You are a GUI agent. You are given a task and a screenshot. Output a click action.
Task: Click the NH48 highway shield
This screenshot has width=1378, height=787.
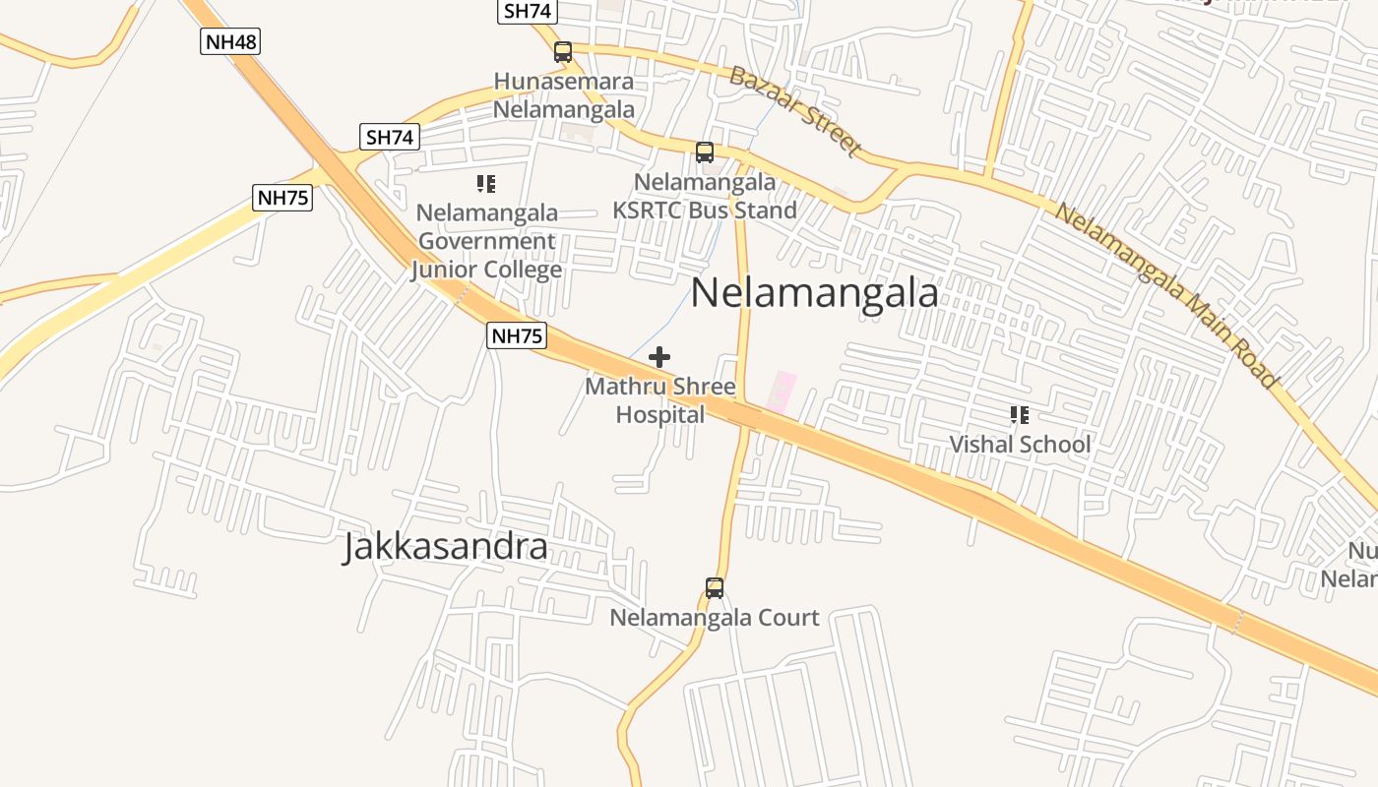tap(230, 41)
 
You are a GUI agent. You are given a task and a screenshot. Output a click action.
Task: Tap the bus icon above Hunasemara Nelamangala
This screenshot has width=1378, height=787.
tap(563, 52)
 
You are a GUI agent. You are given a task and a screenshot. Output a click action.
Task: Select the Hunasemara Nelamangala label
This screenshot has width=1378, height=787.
tap(563, 95)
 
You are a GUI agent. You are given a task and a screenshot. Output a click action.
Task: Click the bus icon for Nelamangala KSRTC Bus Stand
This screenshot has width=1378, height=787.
tap(705, 152)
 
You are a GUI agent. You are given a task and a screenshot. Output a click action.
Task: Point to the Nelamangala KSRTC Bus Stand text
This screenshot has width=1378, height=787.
tap(705, 197)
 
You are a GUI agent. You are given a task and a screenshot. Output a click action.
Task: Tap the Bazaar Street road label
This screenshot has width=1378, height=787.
tap(795, 110)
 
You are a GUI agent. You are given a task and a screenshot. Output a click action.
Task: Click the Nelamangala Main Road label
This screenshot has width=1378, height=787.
tap(1166, 293)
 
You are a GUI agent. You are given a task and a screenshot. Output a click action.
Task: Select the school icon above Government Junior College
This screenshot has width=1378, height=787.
tap(485, 184)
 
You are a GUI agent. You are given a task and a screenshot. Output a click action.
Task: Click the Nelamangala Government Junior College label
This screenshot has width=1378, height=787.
tap(487, 241)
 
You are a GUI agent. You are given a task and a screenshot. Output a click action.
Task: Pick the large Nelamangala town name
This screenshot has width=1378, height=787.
tap(814, 293)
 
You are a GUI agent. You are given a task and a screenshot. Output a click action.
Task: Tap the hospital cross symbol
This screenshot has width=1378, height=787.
tap(659, 357)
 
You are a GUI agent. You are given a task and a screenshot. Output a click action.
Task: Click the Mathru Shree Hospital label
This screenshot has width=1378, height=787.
tap(660, 400)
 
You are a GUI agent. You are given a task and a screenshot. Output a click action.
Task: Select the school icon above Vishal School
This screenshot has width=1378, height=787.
tap(1019, 415)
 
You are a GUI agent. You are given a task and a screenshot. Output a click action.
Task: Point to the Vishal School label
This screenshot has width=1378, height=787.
tap(1020, 445)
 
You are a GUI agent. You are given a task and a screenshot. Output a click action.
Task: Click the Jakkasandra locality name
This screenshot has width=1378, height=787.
tap(445, 547)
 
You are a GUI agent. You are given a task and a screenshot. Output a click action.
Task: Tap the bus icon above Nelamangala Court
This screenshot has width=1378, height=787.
tap(715, 588)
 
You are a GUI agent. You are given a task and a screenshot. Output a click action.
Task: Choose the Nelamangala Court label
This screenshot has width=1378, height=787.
tap(715, 618)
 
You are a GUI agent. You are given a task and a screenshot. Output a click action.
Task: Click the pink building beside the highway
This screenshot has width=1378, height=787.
tap(783, 392)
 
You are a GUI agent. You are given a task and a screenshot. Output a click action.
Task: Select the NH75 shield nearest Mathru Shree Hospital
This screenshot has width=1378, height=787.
tap(517, 335)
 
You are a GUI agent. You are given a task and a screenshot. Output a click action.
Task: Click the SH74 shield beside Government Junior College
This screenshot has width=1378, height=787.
tap(391, 138)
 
